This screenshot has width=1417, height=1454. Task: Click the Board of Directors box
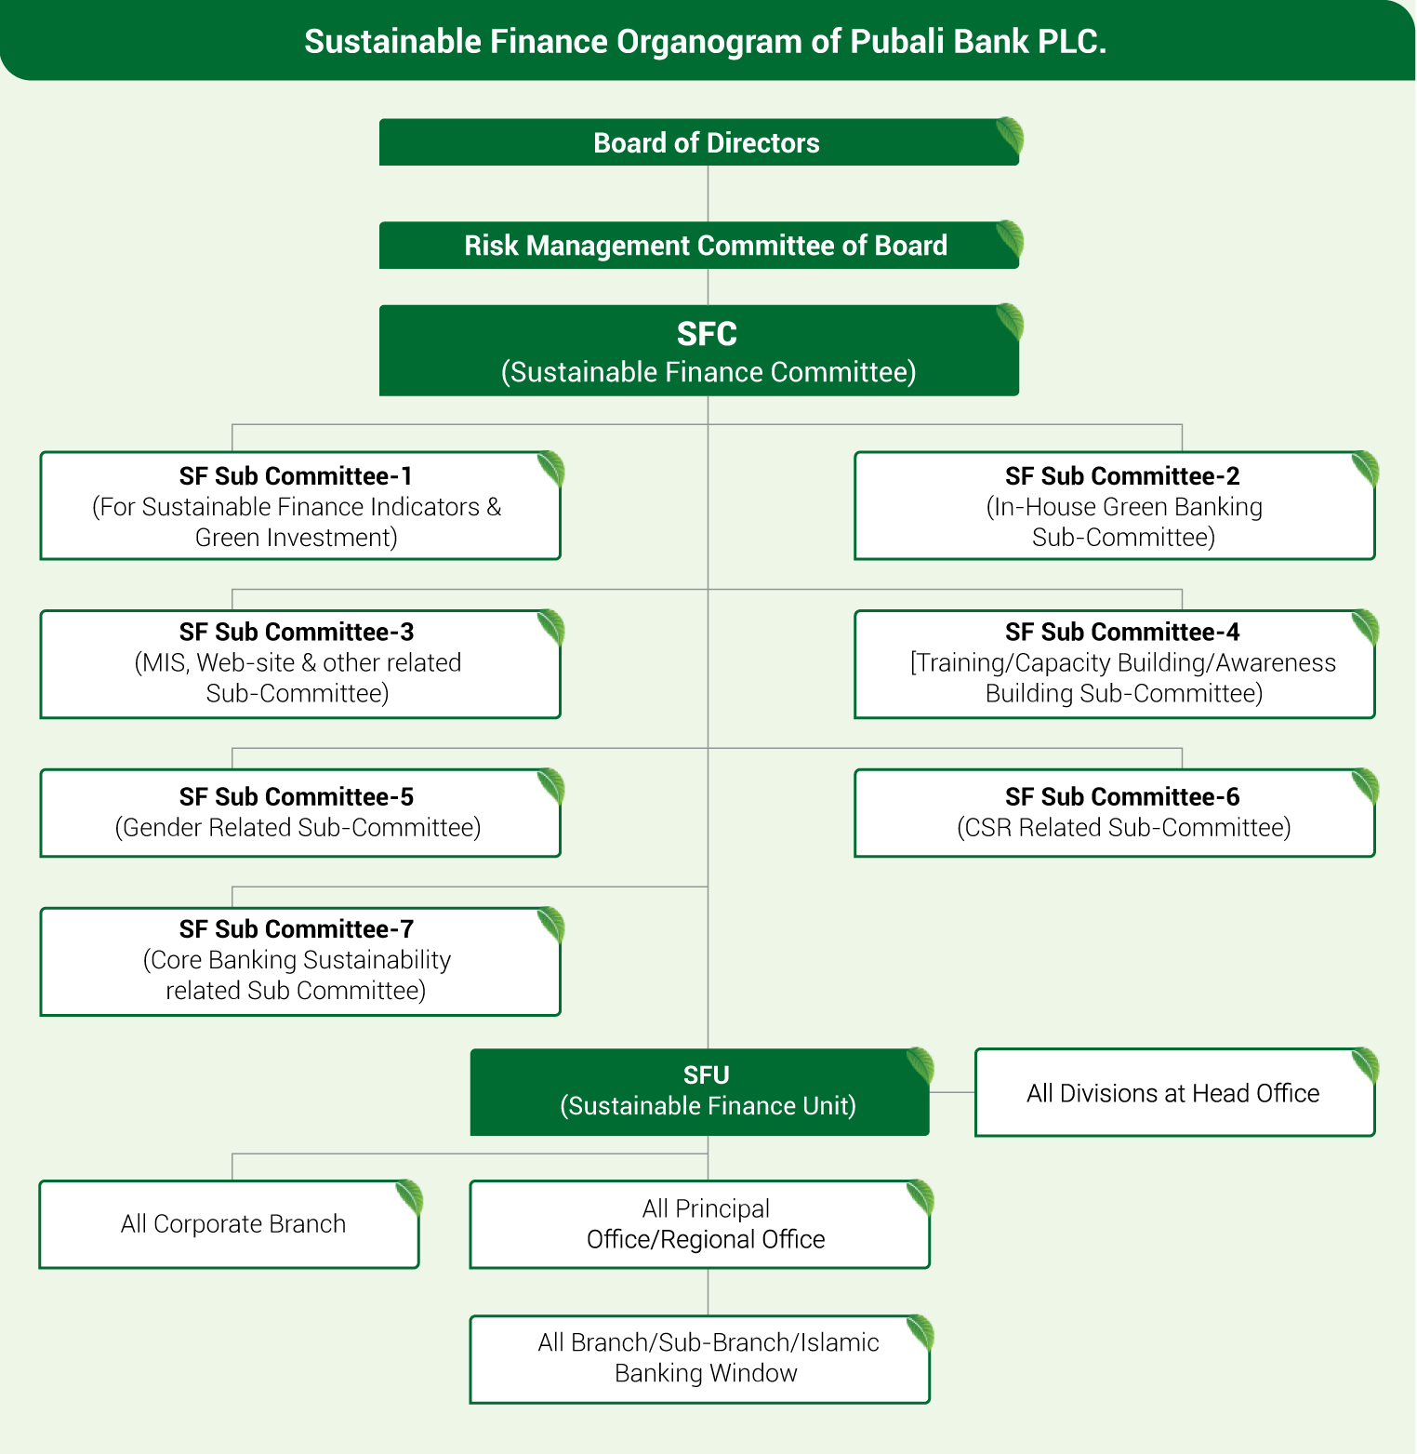698,142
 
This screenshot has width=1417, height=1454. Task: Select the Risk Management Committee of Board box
698,246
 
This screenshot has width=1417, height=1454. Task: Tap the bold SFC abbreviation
707,334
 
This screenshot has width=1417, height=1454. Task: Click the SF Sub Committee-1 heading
296,476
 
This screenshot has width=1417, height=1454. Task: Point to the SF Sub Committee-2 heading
1122,476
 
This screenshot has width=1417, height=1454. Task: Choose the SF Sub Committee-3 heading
296,633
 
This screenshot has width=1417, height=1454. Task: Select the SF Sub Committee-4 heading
1122,633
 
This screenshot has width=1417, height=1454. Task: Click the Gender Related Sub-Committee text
298,828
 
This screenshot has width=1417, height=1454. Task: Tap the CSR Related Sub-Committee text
1123,828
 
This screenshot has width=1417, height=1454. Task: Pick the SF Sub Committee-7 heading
296,929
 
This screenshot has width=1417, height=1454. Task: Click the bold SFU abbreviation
707,1075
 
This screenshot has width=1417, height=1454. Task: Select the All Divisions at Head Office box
1173,1093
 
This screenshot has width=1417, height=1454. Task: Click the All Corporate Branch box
232,1224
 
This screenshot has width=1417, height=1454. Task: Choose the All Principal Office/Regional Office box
705,1224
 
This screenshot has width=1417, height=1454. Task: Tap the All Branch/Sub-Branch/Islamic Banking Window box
707,1358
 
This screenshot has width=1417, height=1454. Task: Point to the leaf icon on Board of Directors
1009,137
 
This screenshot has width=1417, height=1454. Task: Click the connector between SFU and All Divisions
952,1092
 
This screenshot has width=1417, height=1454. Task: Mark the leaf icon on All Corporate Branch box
409,1198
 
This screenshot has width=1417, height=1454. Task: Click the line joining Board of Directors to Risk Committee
708,193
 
